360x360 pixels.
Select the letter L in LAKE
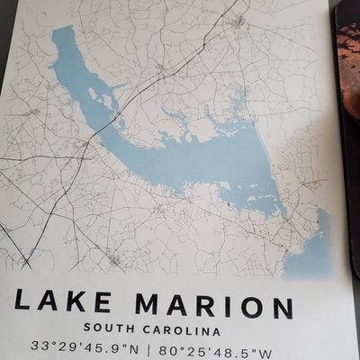coord(23,305)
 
